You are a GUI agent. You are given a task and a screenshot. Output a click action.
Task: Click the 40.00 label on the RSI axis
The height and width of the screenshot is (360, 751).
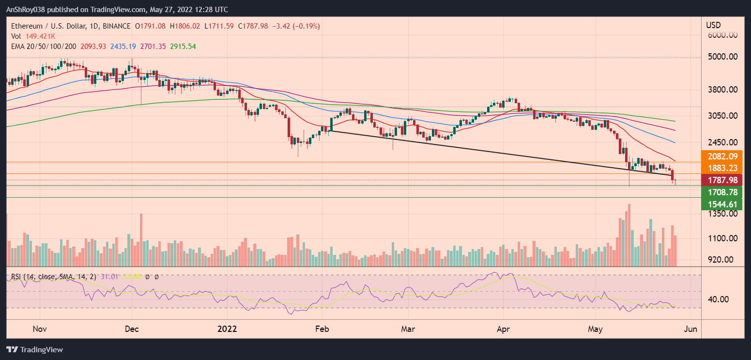718,299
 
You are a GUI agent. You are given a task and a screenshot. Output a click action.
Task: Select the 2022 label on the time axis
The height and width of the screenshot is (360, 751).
227,329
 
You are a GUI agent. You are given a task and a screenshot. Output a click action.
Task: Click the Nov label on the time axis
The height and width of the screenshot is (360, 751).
39,329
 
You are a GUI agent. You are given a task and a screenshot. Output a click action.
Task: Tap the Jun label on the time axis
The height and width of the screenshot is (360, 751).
690,329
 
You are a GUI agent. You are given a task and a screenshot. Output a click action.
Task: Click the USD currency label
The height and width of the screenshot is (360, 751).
713,25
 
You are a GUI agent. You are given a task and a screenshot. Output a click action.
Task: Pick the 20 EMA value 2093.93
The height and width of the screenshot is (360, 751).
96,46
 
